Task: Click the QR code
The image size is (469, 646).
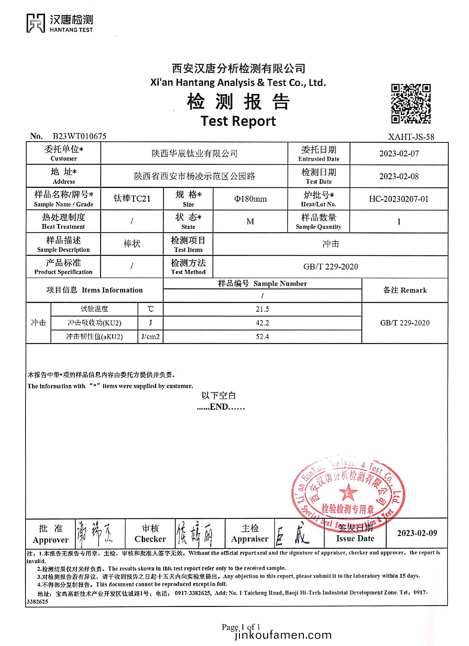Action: (411, 104)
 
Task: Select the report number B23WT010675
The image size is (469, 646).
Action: (79, 136)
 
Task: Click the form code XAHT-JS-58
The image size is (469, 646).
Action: (411, 137)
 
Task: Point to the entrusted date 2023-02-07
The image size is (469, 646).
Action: (399, 154)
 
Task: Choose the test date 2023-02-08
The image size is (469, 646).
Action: (399, 176)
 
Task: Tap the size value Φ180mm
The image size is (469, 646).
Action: (250, 199)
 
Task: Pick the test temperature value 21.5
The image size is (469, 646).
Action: (262, 309)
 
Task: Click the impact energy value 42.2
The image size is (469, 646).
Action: (262, 323)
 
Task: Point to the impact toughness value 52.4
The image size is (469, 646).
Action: (262, 337)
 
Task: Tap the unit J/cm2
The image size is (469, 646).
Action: (150, 337)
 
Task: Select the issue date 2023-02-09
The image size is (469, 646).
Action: (417, 533)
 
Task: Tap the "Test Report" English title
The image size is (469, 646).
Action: (238, 121)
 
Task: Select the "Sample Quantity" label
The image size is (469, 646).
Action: (318, 227)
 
